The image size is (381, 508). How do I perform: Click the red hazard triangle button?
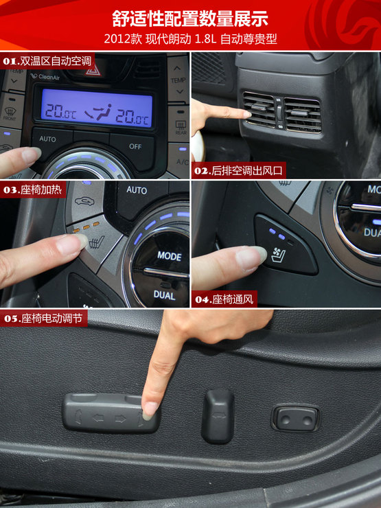coord(93,70)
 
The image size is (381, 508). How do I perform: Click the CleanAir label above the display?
coord(45,77)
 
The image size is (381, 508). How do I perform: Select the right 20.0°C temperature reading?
coord(132,116)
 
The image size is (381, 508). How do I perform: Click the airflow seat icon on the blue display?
coord(98,113)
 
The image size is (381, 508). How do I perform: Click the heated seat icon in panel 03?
coord(97,242)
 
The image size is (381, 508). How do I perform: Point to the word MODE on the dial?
coord(170,256)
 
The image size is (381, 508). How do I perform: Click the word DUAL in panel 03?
coord(164,295)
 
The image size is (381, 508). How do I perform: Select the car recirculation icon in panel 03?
coord(84,202)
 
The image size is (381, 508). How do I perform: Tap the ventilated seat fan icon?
coord(278,254)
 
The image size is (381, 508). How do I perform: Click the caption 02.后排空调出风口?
coord(238,170)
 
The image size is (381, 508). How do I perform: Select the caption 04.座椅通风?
coord(224,299)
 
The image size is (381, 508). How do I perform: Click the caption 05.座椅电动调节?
coord(43,319)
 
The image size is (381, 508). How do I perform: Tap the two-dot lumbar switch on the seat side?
coord(296,419)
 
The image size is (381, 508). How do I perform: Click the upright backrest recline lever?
coord(218,416)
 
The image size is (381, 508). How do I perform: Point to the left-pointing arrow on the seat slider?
coord(98,418)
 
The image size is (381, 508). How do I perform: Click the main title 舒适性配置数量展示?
coord(190,19)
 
